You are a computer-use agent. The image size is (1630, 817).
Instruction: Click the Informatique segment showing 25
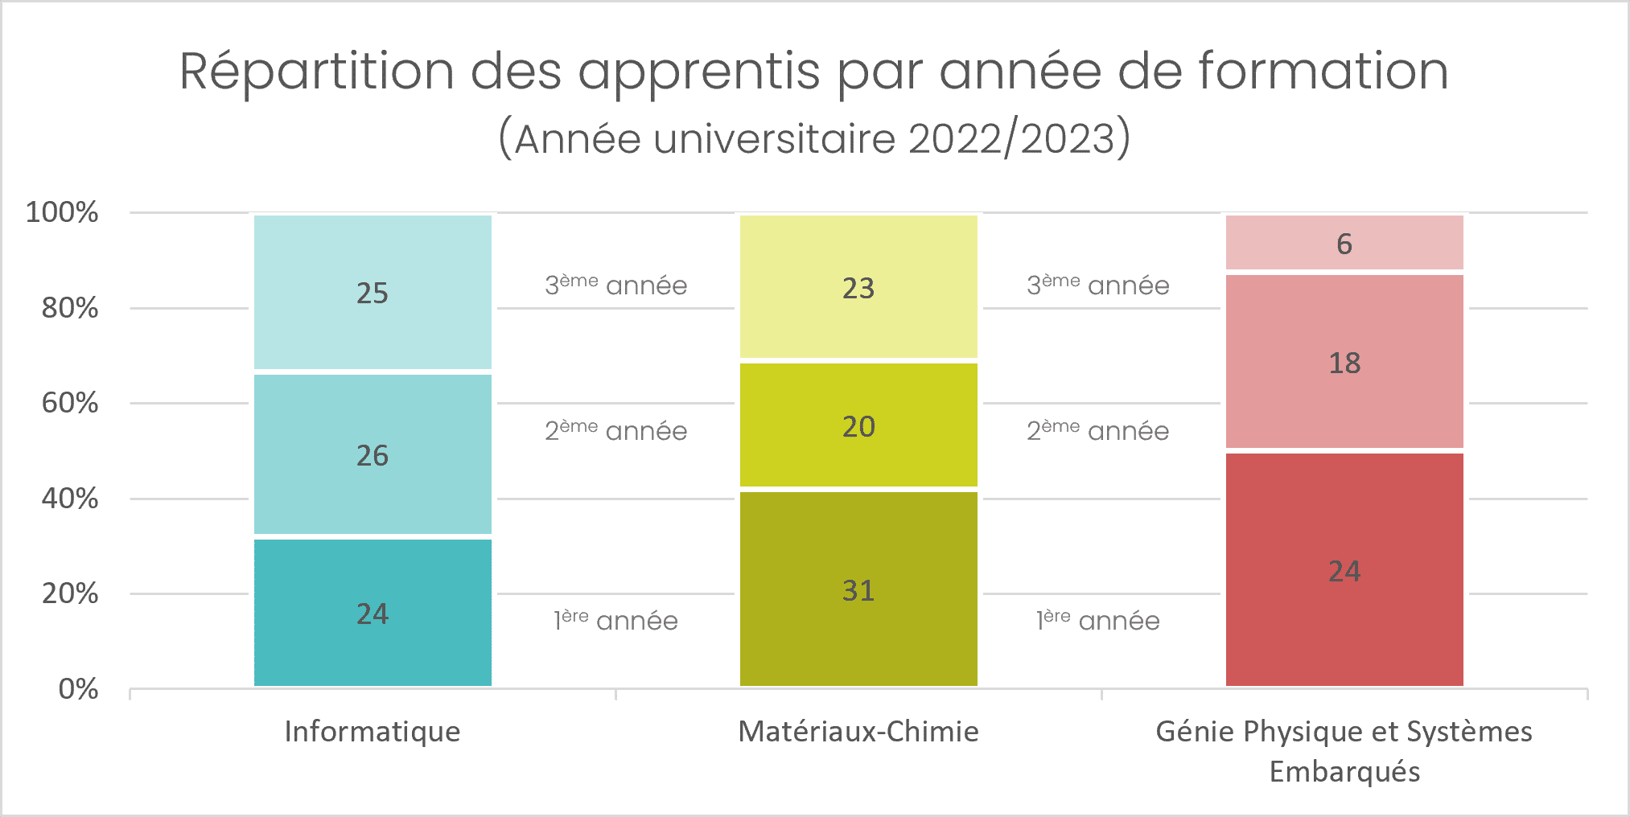click(373, 292)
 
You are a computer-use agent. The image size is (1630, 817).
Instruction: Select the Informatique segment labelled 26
click(373, 454)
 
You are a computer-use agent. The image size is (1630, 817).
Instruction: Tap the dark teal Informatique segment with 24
click(373, 613)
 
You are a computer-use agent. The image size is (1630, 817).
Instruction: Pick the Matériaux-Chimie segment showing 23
click(858, 287)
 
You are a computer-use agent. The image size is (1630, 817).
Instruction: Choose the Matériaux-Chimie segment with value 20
click(858, 425)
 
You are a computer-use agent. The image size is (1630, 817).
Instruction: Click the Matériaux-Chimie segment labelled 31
click(858, 589)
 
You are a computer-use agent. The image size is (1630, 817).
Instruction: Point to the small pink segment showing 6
click(1344, 243)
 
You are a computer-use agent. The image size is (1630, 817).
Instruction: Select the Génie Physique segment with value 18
click(1344, 362)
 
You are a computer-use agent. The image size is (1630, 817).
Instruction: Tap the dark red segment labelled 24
click(1344, 570)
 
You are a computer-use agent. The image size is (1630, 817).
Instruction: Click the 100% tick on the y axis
click(62, 212)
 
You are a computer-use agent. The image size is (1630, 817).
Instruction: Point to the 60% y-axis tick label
click(70, 403)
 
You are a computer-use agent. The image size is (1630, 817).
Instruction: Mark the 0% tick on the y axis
click(78, 689)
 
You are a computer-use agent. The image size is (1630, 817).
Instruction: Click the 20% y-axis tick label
click(70, 593)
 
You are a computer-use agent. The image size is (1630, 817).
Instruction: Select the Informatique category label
click(373, 731)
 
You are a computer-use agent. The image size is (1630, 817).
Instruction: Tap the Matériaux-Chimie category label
click(858, 731)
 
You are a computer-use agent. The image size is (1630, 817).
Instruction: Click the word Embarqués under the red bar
click(1344, 771)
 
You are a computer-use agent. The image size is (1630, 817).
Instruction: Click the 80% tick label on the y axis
click(70, 308)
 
